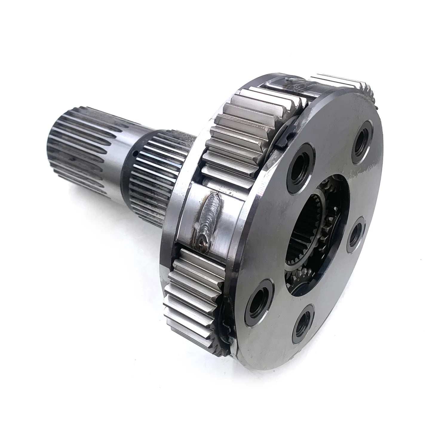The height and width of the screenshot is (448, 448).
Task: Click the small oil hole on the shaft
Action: click(135, 154)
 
